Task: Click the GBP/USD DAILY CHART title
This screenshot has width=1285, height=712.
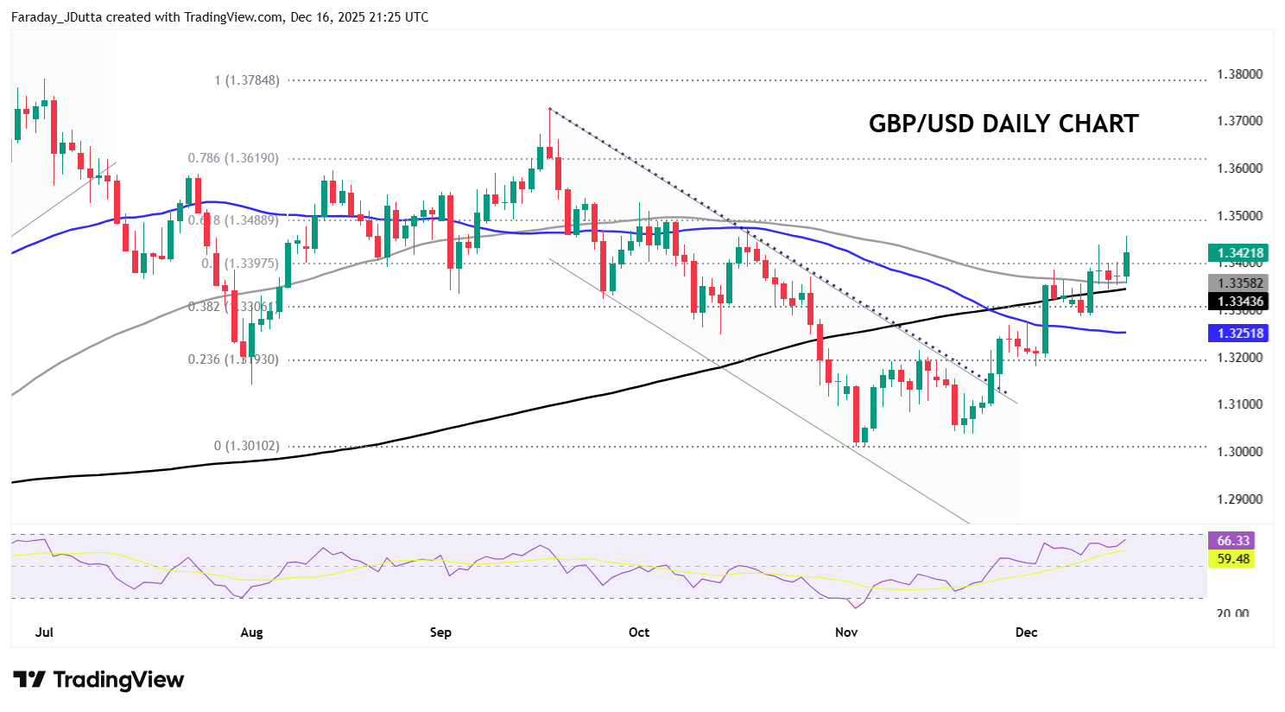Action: pyautogui.click(x=1003, y=124)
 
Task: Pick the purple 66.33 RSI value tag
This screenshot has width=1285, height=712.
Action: pyautogui.click(x=1233, y=541)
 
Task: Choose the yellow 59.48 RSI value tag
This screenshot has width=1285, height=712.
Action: pyautogui.click(x=1233, y=559)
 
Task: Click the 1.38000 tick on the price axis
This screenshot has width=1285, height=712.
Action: pyautogui.click(x=1239, y=74)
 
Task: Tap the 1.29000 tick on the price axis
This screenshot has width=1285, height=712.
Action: pyautogui.click(x=1239, y=499)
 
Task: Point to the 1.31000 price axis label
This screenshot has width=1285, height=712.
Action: pyautogui.click(x=1239, y=404)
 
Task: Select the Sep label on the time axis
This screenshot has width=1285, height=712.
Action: pyautogui.click(x=440, y=633)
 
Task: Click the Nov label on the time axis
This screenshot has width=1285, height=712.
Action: pyautogui.click(x=846, y=633)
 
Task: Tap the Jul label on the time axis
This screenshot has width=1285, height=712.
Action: pyautogui.click(x=44, y=633)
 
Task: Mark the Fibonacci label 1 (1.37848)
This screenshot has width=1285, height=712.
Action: pyautogui.click(x=247, y=80)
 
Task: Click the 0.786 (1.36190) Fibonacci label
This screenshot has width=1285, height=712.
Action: pyautogui.click(x=233, y=158)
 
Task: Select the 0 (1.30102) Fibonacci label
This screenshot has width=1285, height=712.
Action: pyautogui.click(x=247, y=447)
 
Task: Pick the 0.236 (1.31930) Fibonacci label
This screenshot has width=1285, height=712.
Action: pyautogui.click(x=233, y=359)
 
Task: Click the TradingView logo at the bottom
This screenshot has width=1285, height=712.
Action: pyautogui.click(x=98, y=680)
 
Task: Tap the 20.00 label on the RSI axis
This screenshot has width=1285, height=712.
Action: pyautogui.click(x=1232, y=613)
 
